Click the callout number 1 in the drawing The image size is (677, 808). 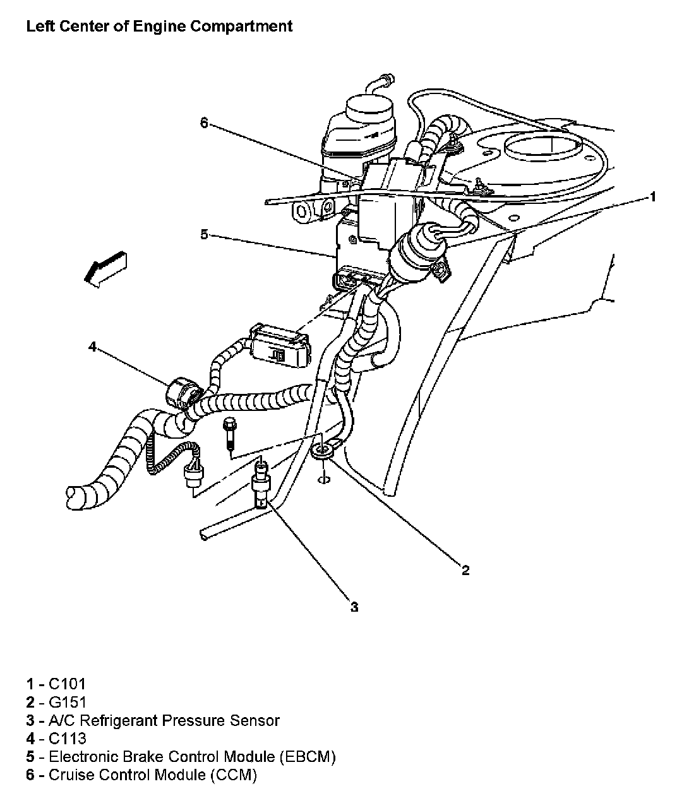[x=653, y=198]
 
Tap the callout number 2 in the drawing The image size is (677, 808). [x=465, y=571]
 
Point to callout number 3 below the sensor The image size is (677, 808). [x=354, y=607]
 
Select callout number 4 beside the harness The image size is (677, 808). [x=92, y=347]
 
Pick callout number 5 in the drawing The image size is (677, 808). [x=204, y=235]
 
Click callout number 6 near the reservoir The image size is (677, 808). [x=204, y=123]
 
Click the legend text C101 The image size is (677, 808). [x=67, y=684]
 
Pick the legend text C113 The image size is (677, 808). [x=67, y=739]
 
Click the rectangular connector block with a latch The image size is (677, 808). [x=281, y=345]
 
